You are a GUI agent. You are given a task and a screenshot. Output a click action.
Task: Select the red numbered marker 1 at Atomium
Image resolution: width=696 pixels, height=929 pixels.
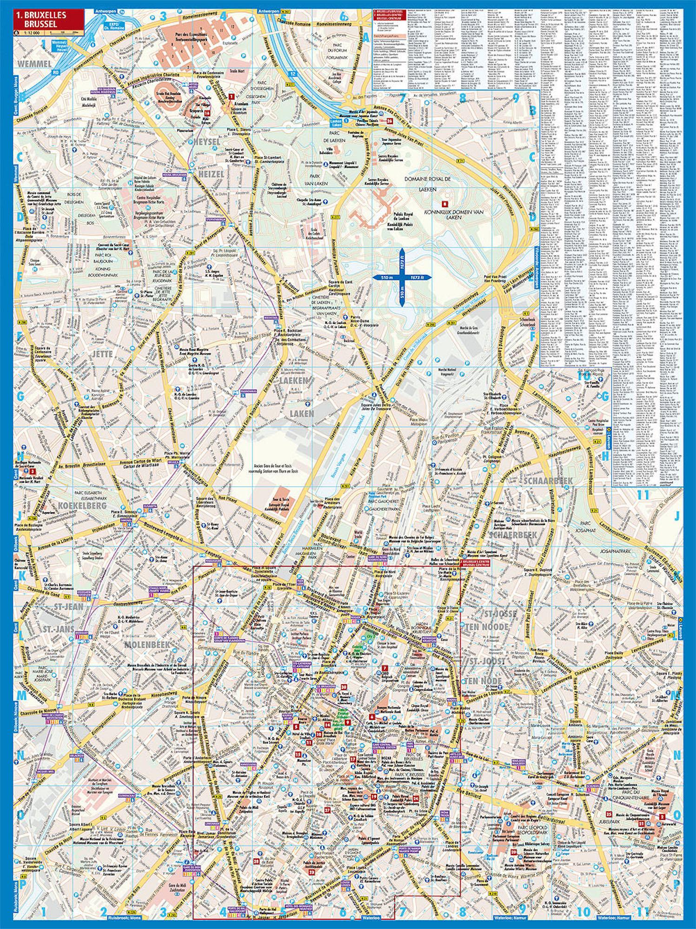click(231, 96)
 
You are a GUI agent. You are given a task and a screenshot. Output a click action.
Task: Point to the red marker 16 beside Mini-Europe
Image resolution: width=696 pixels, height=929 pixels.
click(206, 112)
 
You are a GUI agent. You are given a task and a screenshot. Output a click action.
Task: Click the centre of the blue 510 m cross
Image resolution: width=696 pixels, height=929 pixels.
click(402, 277)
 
